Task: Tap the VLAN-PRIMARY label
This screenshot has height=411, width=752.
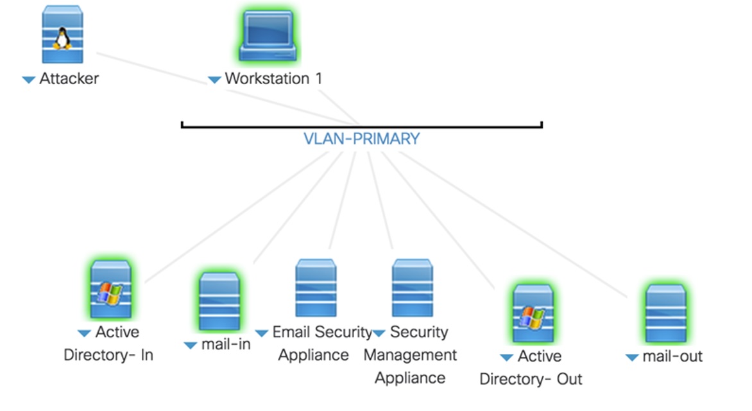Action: (x=362, y=139)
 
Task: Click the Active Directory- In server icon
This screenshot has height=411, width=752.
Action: (x=110, y=290)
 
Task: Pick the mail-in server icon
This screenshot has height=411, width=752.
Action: (x=219, y=302)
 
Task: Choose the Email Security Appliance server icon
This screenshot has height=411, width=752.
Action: (x=316, y=288)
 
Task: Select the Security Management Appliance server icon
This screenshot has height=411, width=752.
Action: (x=413, y=288)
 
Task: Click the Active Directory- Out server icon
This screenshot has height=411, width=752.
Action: (x=533, y=313)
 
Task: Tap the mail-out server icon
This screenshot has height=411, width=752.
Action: (x=665, y=313)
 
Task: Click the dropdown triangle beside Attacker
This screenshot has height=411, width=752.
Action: (x=28, y=80)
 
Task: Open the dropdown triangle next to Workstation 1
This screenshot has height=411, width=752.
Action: (x=214, y=80)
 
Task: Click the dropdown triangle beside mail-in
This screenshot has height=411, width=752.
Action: (x=190, y=345)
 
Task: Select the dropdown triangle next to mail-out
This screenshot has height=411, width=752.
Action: (x=632, y=358)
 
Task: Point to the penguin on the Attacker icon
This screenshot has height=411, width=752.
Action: (x=62, y=39)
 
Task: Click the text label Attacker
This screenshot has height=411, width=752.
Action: (x=69, y=79)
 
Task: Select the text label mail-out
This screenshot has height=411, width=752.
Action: (x=672, y=356)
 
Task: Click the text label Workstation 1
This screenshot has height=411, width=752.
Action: (x=273, y=79)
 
